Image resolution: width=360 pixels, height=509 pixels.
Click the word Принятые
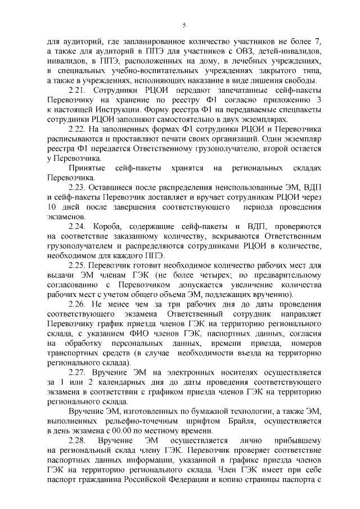pyautogui.click(x=85, y=168)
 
